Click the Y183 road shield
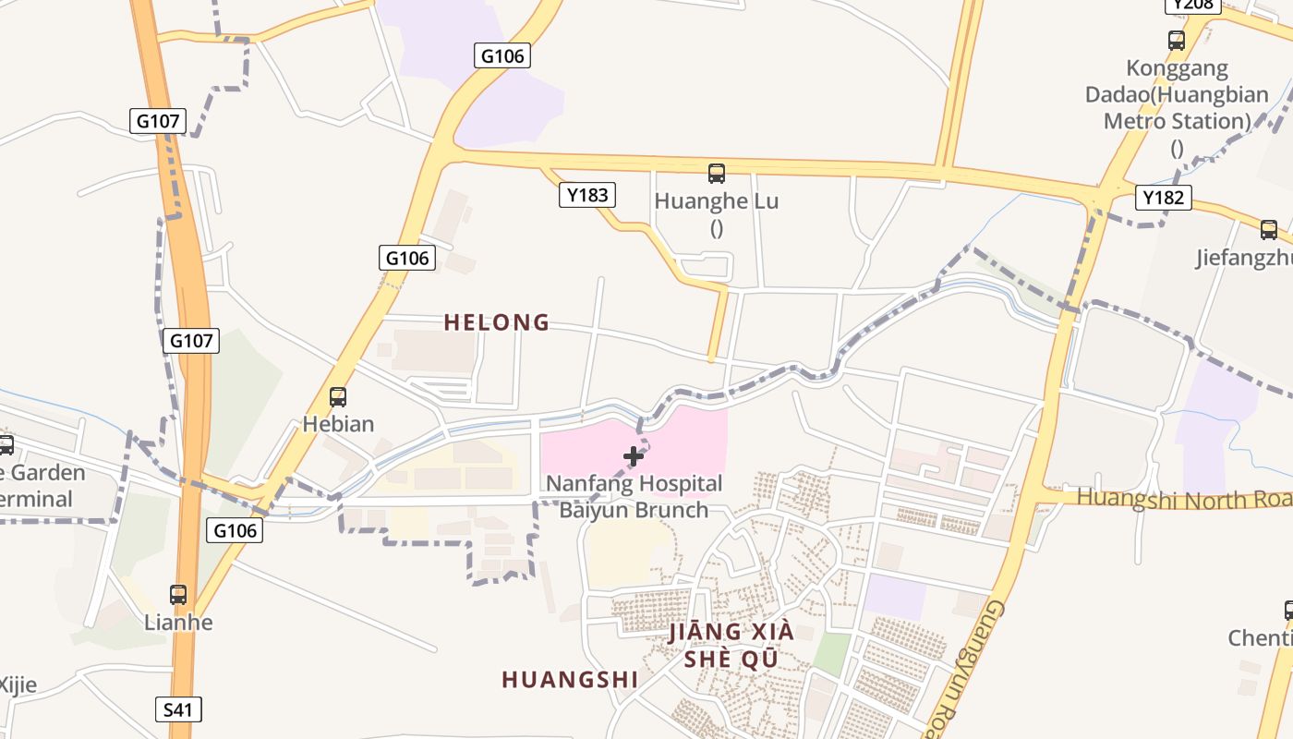[x=586, y=195]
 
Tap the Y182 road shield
[x=1163, y=197]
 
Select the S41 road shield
[x=177, y=709]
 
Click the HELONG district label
[x=497, y=322]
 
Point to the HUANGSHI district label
[x=570, y=680]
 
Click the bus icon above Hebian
[x=338, y=397]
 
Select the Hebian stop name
[x=338, y=424]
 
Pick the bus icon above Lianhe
[x=178, y=595]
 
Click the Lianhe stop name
[x=178, y=622]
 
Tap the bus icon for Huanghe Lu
[x=716, y=173]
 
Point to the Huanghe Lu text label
[x=716, y=201]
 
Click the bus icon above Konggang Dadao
[x=1176, y=41]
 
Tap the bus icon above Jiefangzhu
[x=1269, y=230]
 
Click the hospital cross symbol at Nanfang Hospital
[x=634, y=456]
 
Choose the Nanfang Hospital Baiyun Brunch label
[x=634, y=496]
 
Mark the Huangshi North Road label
[x=1182, y=498]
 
